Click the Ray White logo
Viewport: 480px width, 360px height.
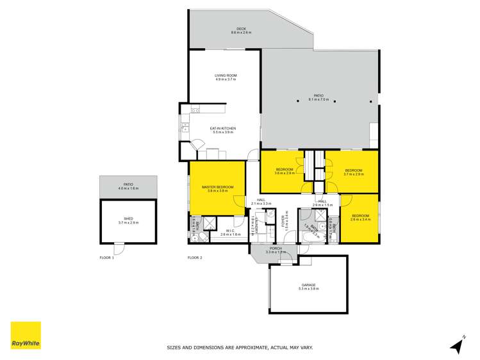26,335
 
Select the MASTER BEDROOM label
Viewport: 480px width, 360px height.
217,187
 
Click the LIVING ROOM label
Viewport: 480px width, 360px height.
226,76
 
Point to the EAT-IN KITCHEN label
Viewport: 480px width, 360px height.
223,129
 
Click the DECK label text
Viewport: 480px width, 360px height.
242,29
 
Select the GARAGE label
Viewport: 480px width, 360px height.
308,285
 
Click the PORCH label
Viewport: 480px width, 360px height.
276,249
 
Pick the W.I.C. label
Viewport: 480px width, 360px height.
229,231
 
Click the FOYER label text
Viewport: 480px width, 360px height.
283,222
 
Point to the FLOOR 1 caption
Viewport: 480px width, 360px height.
106,258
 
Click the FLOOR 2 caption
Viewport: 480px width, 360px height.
195,258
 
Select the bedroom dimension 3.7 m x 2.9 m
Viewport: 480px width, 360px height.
353,174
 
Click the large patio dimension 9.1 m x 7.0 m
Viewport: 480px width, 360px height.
319,99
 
